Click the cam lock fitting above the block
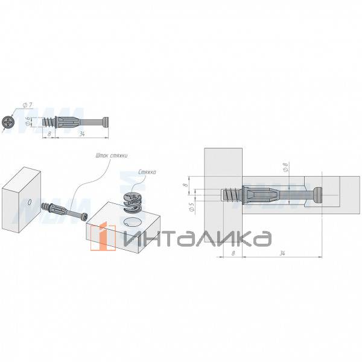click(132, 203)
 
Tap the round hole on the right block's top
click(131, 223)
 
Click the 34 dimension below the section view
click(282, 254)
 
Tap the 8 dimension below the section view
click(233, 254)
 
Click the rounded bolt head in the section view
click(318, 195)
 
